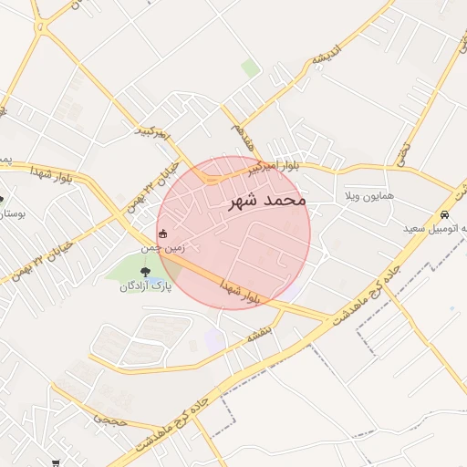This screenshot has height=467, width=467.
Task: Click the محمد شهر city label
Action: coord(265,199)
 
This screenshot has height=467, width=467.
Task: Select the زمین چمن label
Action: coord(162,247)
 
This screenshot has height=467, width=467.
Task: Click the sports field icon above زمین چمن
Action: coord(163,234)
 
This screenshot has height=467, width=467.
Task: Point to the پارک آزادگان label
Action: coord(145,286)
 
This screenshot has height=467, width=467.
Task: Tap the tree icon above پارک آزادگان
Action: coord(144,271)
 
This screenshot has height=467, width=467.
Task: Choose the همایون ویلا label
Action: coord(369,196)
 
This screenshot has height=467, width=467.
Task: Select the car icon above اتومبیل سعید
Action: coord(444,213)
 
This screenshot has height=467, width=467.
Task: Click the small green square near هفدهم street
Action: coord(250,67)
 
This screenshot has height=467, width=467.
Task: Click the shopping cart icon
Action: coord(57,462)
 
